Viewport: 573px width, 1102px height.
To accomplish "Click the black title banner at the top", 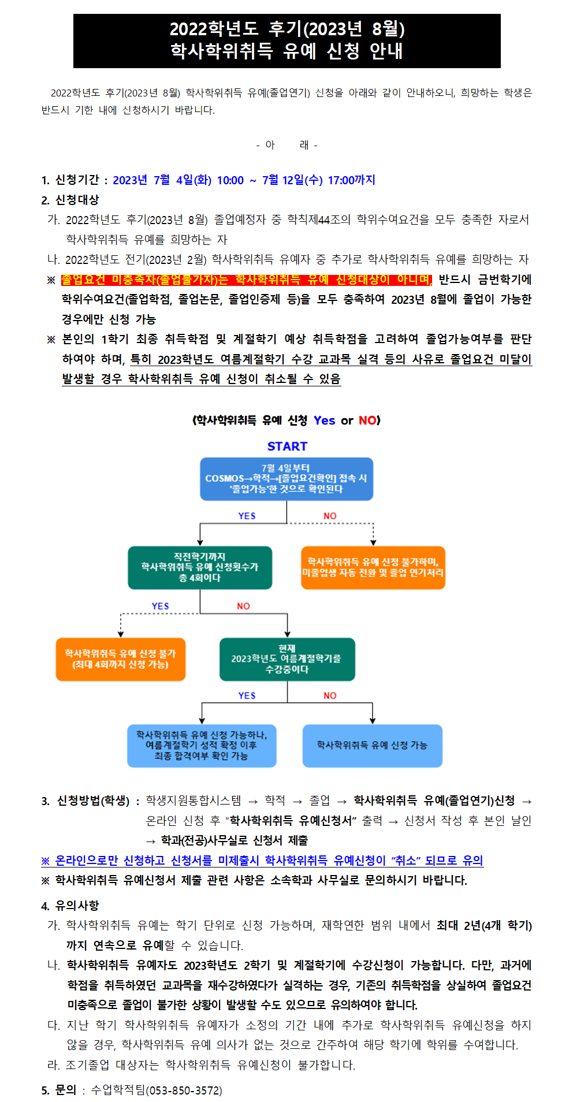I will (x=286, y=40).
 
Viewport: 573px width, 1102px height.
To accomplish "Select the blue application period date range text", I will (x=244, y=180).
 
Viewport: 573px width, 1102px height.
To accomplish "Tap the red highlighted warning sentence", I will (x=247, y=280).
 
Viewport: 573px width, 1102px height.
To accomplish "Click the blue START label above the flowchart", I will (x=287, y=446).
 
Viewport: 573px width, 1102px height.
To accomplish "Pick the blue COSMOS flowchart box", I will (x=286, y=479).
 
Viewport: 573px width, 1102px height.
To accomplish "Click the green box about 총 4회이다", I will (x=200, y=567).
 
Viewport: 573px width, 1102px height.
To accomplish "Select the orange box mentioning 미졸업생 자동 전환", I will (x=373, y=567).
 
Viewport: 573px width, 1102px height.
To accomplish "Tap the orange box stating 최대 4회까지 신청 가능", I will (x=121, y=659).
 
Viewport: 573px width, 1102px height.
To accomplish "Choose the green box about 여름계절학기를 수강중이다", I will (x=287, y=659).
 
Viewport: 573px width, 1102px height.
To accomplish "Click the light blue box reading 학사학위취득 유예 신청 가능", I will (x=373, y=746).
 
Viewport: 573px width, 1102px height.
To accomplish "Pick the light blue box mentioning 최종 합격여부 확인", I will (x=202, y=746).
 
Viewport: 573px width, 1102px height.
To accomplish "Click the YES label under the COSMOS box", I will (x=247, y=516).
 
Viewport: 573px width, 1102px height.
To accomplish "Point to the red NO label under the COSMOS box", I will (x=330, y=516).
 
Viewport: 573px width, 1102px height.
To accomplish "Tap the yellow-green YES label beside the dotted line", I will (x=160, y=606).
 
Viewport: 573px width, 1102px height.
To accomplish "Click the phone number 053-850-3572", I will (x=185, y=1090).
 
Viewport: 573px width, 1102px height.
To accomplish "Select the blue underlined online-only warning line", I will (x=262, y=861).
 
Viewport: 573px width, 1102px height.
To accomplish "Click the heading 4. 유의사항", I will (x=70, y=905).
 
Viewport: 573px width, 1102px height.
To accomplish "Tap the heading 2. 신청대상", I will (x=70, y=200).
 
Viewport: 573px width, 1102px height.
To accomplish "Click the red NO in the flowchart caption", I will (x=367, y=420).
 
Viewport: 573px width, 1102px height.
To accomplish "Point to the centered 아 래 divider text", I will (x=286, y=145).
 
